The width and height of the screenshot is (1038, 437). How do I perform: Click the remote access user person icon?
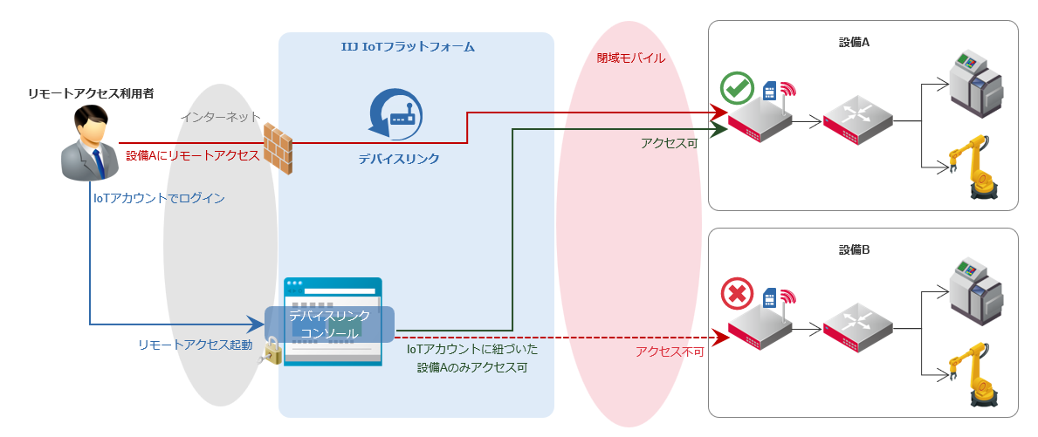(88, 142)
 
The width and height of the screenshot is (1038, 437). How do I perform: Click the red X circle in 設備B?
(737, 295)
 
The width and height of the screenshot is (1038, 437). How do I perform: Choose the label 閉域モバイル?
(630, 58)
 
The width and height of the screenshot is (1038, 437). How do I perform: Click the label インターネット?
(220, 116)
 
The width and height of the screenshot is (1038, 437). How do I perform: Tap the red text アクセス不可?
(670, 352)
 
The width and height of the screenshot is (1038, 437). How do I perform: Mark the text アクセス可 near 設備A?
(669, 143)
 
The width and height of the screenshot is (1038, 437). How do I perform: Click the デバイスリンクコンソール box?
(330, 324)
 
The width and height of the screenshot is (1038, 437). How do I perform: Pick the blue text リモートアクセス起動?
(195, 345)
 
